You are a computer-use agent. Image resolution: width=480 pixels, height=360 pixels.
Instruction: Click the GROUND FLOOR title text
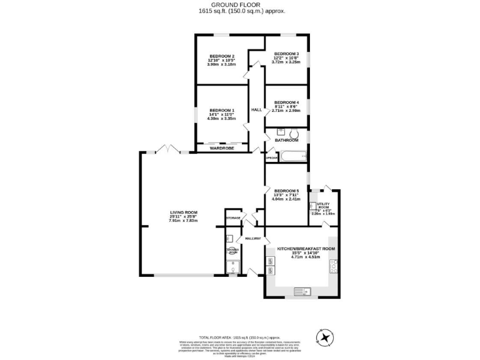point(240,4)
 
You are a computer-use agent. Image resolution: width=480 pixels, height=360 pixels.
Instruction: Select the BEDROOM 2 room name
point(221,56)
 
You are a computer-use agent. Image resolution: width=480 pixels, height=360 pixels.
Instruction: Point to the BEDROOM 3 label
point(286,54)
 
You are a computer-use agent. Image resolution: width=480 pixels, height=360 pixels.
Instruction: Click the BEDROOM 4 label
point(286,102)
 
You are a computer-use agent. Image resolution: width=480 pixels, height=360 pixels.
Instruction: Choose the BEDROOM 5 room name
point(286,191)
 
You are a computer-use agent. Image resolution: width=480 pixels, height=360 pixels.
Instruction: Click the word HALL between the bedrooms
point(256,110)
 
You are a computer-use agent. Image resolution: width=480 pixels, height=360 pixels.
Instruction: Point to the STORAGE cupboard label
point(233,217)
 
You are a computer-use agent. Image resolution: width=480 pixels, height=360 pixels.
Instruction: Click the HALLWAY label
point(252,239)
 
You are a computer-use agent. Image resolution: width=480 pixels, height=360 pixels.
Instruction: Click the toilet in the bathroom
point(294,133)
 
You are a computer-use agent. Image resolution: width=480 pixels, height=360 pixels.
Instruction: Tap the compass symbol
point(324,338)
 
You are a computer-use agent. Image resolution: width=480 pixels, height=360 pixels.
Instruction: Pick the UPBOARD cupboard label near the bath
point(271,158)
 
